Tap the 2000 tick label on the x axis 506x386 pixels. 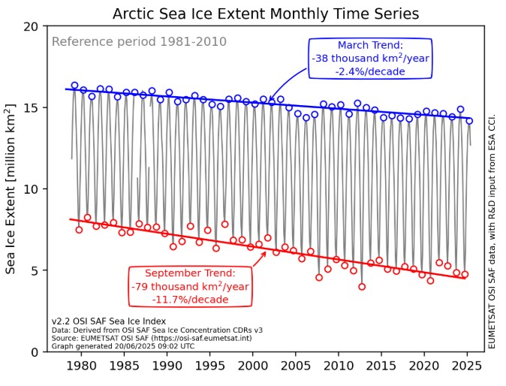(253, 366)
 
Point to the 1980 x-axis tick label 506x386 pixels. (82, 366)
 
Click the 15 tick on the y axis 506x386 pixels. (30, 107)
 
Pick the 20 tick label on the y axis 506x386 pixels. (30, 26)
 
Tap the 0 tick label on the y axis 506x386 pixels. (34, 351)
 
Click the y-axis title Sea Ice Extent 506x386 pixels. (12, 188)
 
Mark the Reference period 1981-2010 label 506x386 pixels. (139, 41)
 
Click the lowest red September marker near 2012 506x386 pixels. (362, 286)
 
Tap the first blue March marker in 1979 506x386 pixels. (74, 86)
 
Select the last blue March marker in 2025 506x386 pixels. (469, 120)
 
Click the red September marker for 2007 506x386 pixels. (319, 277)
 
